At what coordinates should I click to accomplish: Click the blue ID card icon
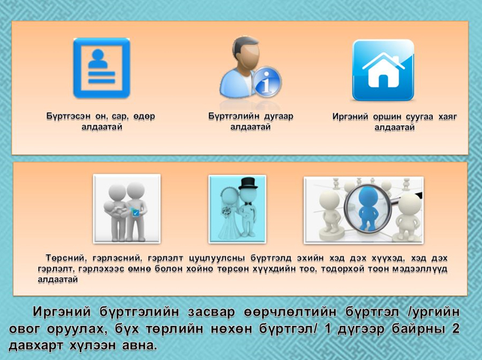(x=102, y=68)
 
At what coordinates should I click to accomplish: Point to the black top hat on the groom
(x=248, y=183)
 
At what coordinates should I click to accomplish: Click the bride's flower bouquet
(x=227, y=212)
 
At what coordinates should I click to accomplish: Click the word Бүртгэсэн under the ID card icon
(x=68, y=116)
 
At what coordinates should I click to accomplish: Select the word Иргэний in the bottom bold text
(x=62, y=312)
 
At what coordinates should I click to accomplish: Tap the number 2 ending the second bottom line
(x=456, y=328)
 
